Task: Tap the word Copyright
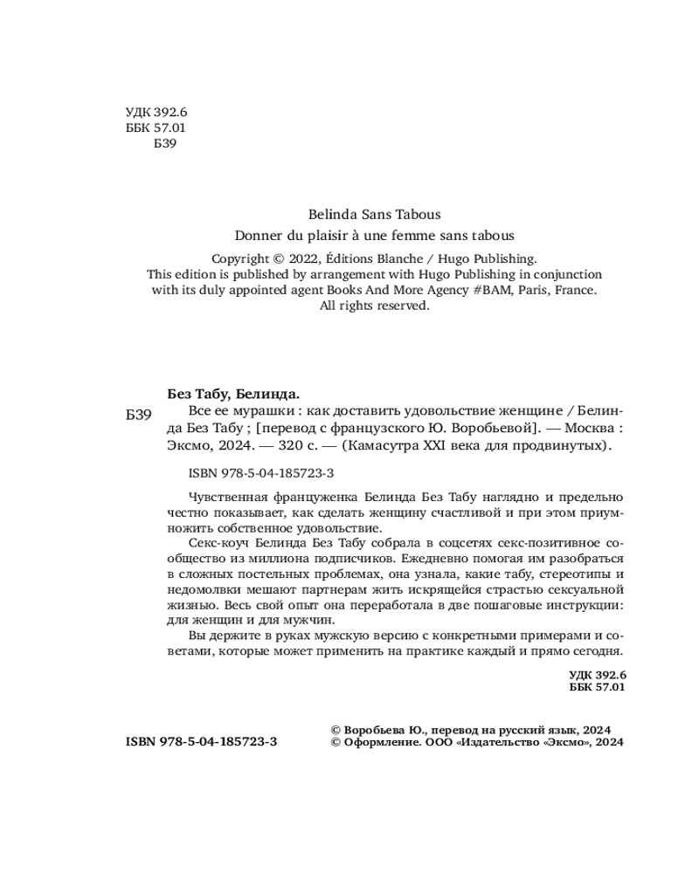coord(240,258)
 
